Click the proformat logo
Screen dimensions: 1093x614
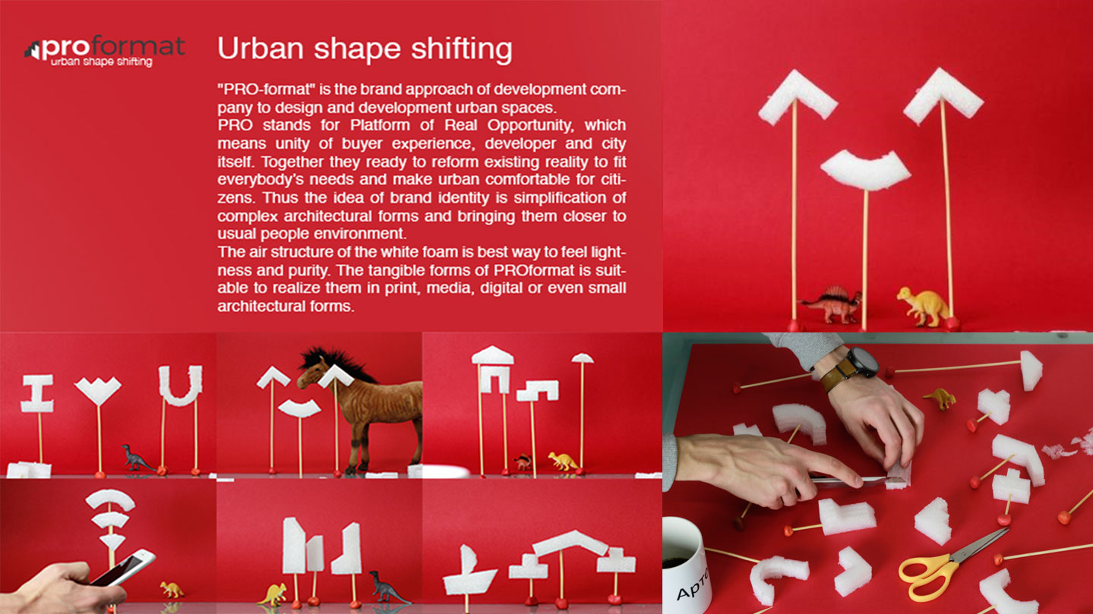pos(104,51)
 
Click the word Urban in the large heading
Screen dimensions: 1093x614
pos(260,49)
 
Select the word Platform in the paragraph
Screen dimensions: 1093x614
pos(380,125)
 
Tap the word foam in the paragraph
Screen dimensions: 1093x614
pos(441,252)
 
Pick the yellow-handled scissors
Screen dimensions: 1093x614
pos(949,563)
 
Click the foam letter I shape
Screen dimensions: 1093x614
pos(37,394)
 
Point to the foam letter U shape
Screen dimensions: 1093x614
pos(180,386)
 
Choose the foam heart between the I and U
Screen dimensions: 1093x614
pos(98,390)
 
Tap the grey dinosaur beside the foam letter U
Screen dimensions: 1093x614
pos(137,458)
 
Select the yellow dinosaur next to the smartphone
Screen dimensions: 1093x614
pos(172,590)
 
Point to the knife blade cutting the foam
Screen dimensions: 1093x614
pos(848,481)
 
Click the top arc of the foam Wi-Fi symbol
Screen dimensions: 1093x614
pos(110,499)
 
